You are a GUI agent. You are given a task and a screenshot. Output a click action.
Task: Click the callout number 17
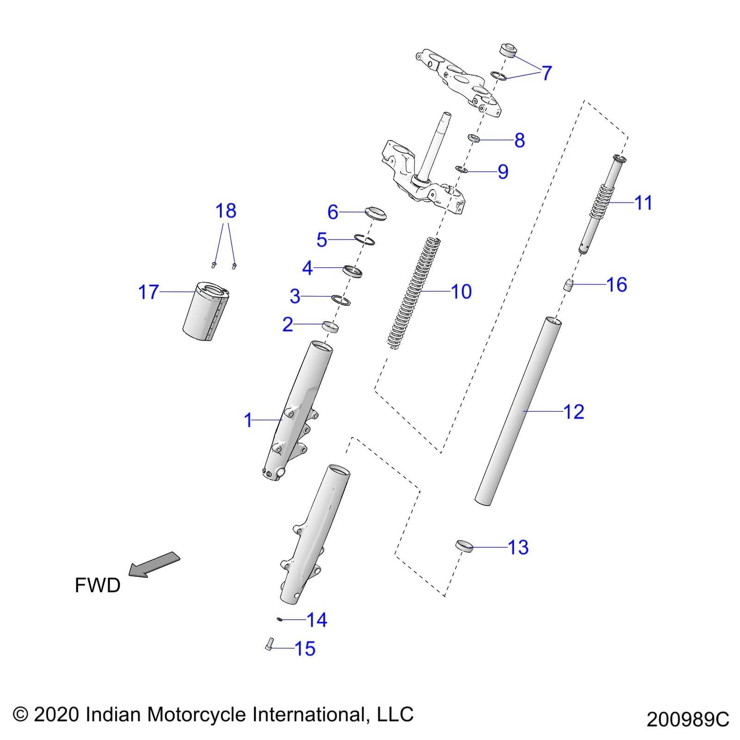(x=149, y=292)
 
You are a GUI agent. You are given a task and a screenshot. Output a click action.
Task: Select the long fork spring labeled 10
(x=414, y=292)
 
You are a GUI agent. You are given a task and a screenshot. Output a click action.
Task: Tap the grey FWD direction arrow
(x=154, y=564)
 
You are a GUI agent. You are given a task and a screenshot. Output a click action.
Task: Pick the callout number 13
(x=518, y=547)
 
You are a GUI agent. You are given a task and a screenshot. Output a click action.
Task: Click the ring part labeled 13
(x=463, y=545)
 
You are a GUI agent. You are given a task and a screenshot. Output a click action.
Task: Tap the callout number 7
(x=546, y=73)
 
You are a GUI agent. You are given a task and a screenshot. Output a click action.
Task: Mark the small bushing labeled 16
(x=567, y=285)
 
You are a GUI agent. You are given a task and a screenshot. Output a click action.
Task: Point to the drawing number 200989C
(x=687, y=720)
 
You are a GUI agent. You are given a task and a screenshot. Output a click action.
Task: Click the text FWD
(x=97, y=585)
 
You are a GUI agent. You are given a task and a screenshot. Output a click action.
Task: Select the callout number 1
(x=248, y=420)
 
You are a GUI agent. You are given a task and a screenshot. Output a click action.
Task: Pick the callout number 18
(x=225, y=210)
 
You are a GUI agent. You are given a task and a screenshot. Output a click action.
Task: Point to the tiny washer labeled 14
(x=280, y=619)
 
